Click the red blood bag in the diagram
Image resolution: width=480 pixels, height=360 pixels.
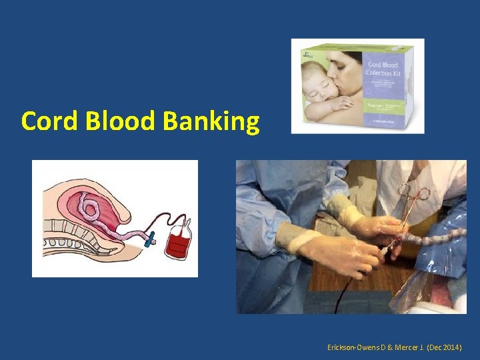[178, 240]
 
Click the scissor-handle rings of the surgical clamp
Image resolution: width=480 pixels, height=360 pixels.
[413, 193]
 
